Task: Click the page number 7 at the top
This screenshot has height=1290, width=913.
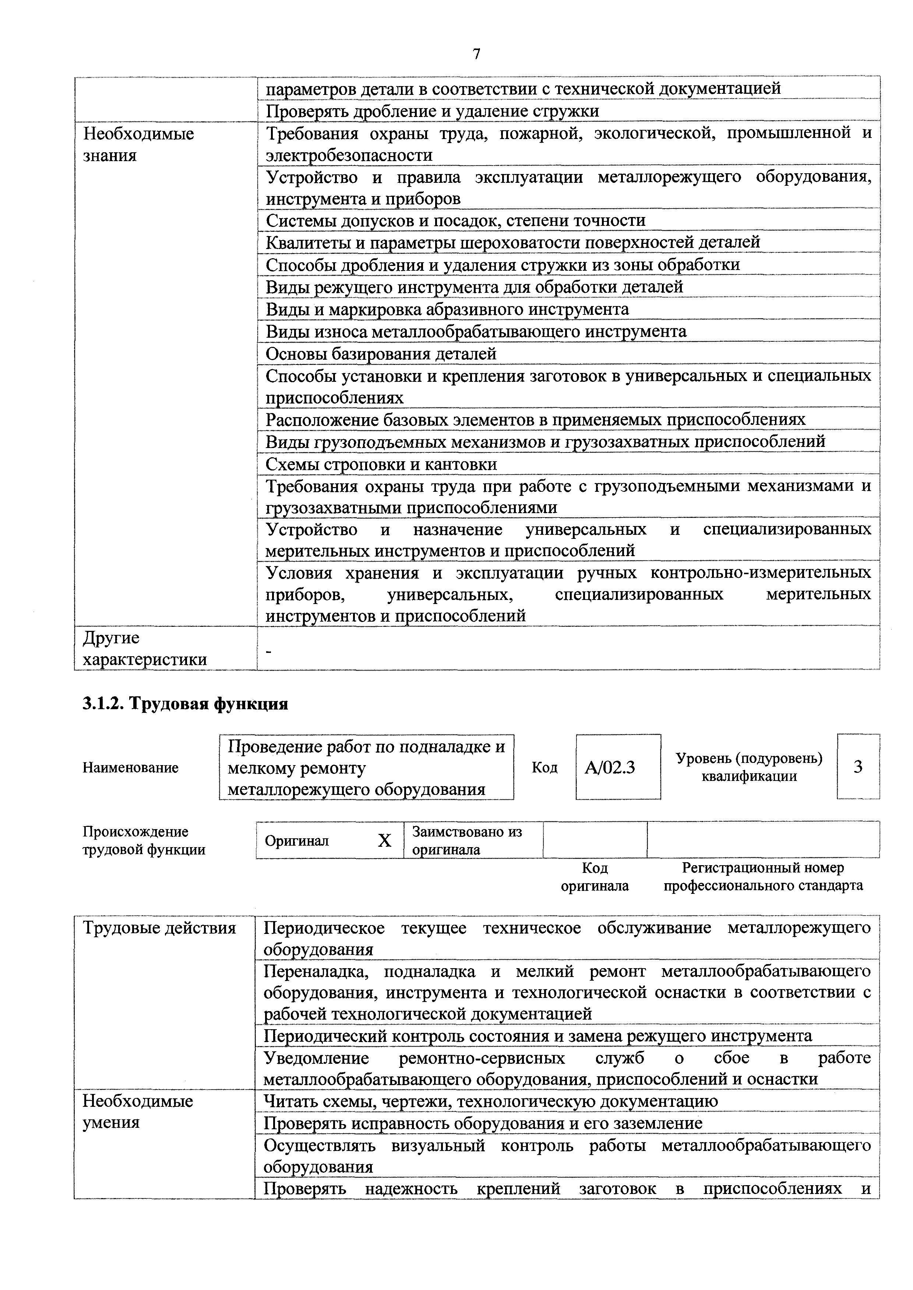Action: [x=477, y=54]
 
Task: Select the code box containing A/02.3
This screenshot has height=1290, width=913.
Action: [x=617, y=767]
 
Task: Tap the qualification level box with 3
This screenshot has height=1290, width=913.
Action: [x=858, y=767]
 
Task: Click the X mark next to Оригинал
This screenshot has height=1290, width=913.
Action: [x=385, y=841]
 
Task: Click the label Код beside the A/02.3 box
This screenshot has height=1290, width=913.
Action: [x=544, y=767]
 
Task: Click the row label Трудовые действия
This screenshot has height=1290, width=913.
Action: [x=159, y=928]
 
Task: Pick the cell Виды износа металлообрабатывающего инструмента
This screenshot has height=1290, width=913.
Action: [x=476, y=331]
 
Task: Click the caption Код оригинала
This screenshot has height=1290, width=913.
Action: [x=595, y=877]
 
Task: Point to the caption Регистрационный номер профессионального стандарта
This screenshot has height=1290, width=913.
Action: [x=763, y=877]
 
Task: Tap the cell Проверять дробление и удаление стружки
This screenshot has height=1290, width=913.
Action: [x=432, y=111]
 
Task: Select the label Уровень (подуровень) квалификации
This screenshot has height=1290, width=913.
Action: [x=749, y=767]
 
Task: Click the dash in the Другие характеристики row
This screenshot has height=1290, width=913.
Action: [x=268, y=651]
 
